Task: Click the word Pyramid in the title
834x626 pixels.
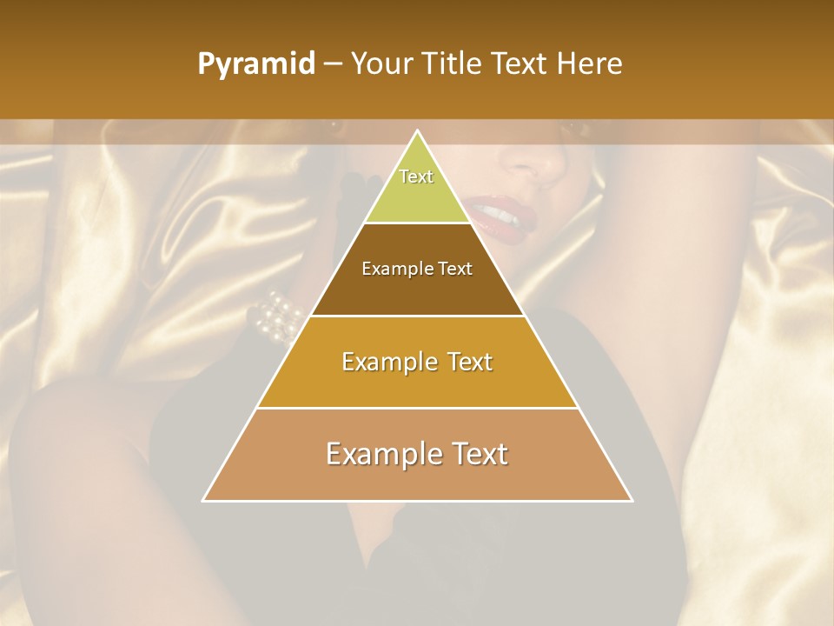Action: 256,64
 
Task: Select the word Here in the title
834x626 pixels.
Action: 590,64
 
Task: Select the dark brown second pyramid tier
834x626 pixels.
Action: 417,291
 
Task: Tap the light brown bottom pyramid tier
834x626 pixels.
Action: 417,478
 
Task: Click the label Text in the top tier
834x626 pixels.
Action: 416,176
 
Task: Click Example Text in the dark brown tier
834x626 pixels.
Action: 417,269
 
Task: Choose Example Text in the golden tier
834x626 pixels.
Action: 417,362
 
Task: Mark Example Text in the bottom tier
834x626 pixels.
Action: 417,454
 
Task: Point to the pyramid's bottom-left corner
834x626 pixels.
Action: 204,500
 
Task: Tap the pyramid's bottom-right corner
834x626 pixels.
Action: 631,500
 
